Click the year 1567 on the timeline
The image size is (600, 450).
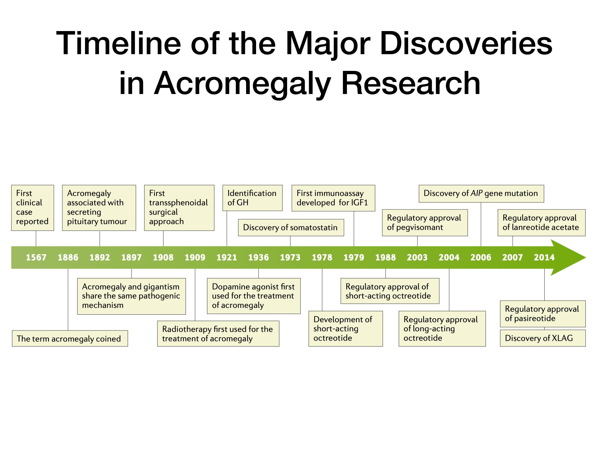(36, 258)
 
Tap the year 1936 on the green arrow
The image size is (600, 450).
(258, 258)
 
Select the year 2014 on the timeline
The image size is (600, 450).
(544, 258)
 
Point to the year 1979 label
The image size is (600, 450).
(354, 258)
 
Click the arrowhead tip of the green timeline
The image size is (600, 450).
(586, 258)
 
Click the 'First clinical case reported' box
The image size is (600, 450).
(33, 208)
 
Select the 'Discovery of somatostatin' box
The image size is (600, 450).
(291, 228)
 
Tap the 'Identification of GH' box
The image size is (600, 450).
(253, 198)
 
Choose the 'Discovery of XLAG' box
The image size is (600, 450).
(543, 338)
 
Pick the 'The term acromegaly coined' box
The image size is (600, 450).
(70, 338)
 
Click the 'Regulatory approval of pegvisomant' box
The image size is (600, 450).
(425, 223)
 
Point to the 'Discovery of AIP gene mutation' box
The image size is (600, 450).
(481, 194)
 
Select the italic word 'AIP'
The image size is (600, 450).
(476, 193)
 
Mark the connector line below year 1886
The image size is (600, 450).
(68, 300)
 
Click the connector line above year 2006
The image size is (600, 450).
(481, 224)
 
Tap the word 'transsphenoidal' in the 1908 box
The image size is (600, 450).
(178, 203)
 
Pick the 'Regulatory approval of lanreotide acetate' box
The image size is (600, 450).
(541, 223)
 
